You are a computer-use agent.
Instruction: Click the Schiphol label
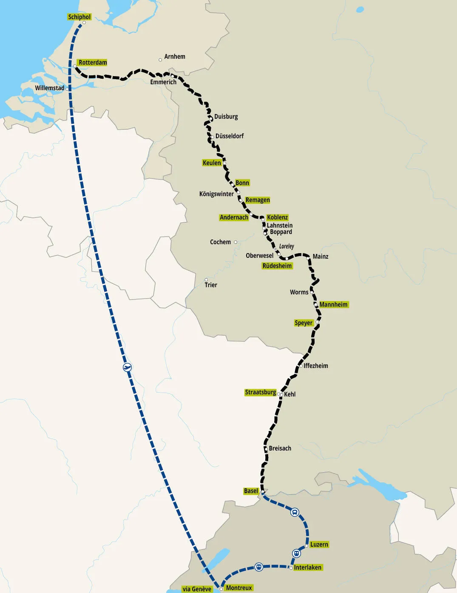(x=79, y=17)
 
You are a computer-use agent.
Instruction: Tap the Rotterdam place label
(x=93, y=63)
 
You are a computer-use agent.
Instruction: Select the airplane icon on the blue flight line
(x=127, y=367)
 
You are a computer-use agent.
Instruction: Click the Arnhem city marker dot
(x=160, y=60)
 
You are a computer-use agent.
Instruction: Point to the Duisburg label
(x=226, y=117)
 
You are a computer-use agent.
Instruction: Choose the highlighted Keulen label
(x=212, y=163)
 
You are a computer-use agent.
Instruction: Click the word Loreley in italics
(x=287, y=246)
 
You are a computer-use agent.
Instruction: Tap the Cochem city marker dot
(x=236, y=242)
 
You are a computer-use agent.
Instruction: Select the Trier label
(x=211, y=285)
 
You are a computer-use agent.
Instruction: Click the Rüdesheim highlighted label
(x=277, y=266)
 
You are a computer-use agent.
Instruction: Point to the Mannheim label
(x=333, y=305)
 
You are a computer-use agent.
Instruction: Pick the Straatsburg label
(x=260, y=392)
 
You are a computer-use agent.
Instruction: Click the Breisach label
(x=280, y=448)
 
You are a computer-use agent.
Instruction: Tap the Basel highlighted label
(x=251, y=491)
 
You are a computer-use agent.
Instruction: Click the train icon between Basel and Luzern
(x=295, y=512)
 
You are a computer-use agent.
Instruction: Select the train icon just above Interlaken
(x=296, y=553)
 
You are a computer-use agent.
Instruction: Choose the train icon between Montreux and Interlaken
(x=258, y=567)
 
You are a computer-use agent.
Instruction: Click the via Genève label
(x=197, y=589)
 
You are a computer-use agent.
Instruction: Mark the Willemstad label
(x=49, y=88)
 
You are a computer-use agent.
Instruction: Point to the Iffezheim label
(x=315, y=366)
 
